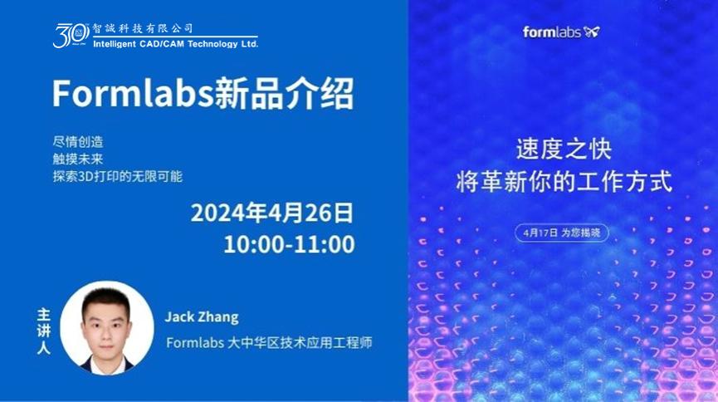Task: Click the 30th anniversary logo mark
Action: [x=71, y=35]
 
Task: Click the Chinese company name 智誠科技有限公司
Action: [x=143, y=28]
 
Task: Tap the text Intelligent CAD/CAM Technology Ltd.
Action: [x=175, y=44]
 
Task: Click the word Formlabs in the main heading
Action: [x=134, y=94]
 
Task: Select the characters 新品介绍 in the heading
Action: [x=285, y=94]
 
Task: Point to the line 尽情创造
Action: [x=78, y=142]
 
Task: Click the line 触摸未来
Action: [x=78, y=159]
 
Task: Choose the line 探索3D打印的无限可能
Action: [x=118, y=176]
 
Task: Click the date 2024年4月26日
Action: [x=272, y=213]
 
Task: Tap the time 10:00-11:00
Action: [x=289, y=244]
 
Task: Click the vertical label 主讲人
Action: [x=43, y=331]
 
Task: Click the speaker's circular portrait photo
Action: [x=107, y=328]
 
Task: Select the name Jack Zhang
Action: [x=202, y=316]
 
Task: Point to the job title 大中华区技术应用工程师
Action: [x=300, y=342]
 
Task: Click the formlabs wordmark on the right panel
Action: [x=552, y=32]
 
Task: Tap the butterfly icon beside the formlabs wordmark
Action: [x=591, y=32]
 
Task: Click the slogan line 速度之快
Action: [x=564, y=150]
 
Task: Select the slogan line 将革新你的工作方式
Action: [x=564, y=181]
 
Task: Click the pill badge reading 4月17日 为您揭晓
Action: [x=562, y=233]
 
